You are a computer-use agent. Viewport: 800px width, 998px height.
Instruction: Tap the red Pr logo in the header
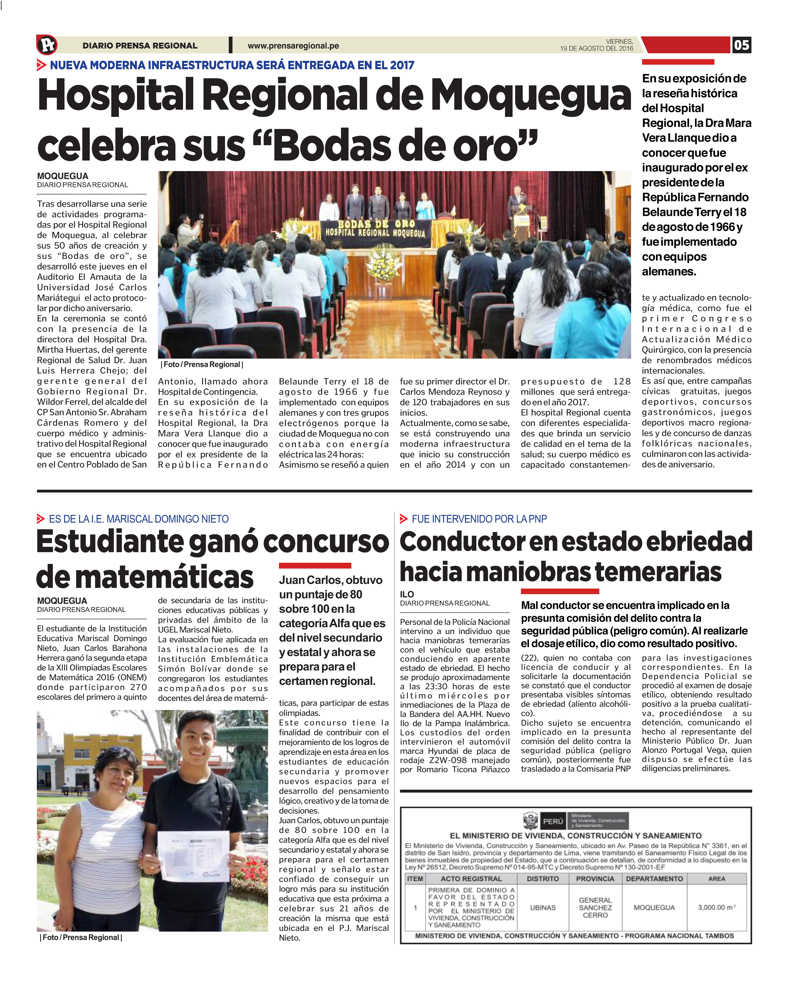point(47,45)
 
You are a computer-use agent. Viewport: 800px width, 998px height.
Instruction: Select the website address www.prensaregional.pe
point(293,46)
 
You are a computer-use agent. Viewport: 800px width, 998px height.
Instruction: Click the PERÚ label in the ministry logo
point(553,821)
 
